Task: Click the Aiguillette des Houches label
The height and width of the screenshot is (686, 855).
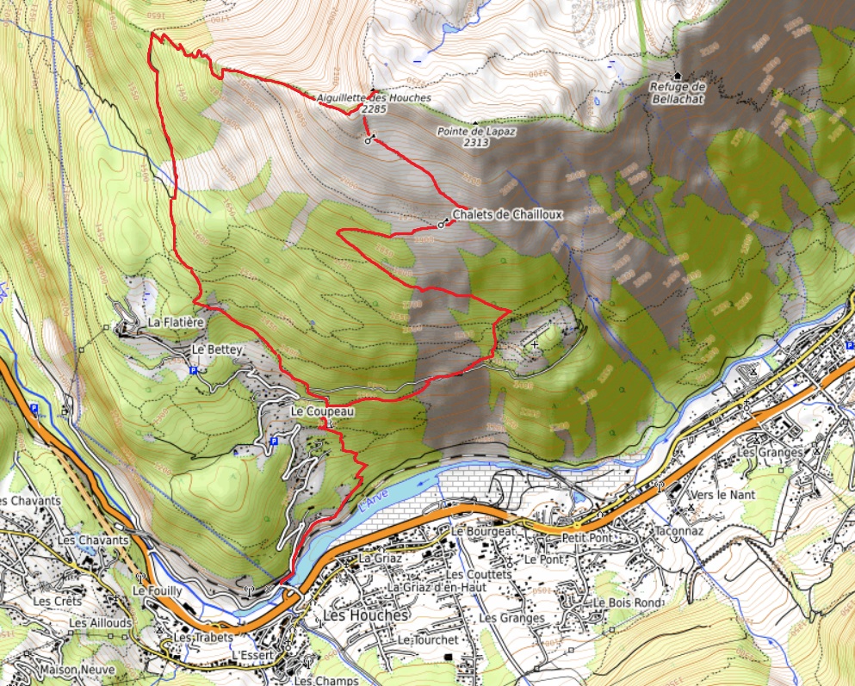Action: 373,99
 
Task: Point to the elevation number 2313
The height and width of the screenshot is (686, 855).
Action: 474,142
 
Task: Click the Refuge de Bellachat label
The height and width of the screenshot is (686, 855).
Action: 678,93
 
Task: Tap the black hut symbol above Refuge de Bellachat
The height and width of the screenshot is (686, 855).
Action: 678,76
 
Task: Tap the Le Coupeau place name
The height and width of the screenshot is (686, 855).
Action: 322,411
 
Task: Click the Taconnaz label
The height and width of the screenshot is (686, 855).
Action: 678,532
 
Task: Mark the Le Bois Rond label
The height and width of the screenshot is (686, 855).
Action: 626,603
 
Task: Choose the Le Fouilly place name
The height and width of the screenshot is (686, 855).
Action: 157,591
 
